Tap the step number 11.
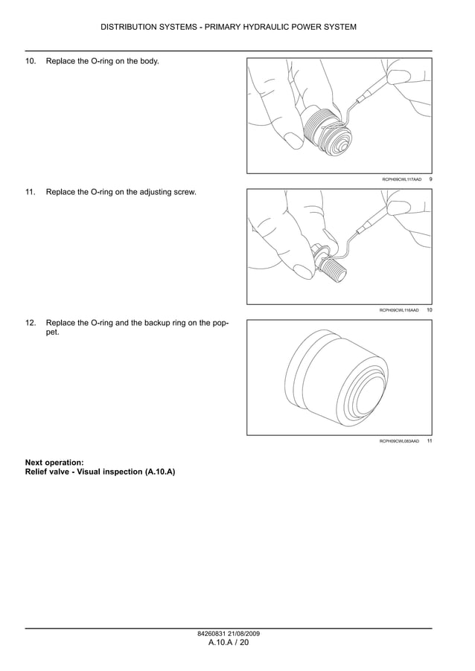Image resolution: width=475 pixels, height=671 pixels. pyautogui.click(x=31, y=192)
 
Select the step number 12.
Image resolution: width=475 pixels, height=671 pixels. pyautogui.click(x=31, y=323)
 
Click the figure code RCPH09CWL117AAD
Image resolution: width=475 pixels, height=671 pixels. pyautogui.click(x=401, y=179)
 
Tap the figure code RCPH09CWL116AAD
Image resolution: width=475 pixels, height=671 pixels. pyautogui.click(x=399, y=310)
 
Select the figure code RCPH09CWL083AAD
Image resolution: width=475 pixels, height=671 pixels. pyautogui.click(x=399, y=441)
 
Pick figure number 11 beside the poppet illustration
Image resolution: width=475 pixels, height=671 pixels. pyautogui.click(x=430, y=441)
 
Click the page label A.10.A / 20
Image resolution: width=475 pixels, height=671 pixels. pyautogui.click(x=228, y=643)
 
